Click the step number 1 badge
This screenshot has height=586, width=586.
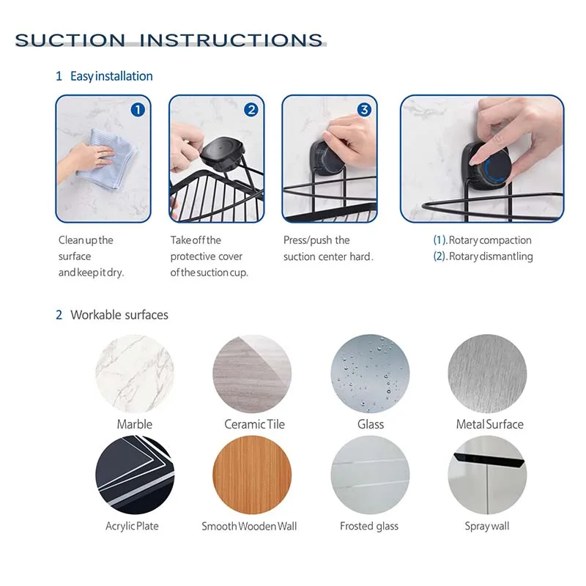138,110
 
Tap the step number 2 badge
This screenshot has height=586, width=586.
251,110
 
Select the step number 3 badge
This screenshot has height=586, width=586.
364,110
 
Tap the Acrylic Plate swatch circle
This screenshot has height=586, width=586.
134,475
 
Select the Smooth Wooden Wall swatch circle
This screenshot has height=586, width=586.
252,475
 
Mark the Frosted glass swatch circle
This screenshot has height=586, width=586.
370,475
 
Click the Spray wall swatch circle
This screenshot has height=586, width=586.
486,475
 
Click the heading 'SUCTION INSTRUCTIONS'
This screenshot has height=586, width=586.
169,40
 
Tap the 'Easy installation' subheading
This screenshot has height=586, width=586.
111,76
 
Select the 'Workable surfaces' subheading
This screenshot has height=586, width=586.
119,315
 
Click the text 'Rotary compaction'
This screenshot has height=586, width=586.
490,240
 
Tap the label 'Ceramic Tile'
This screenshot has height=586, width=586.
254,424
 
